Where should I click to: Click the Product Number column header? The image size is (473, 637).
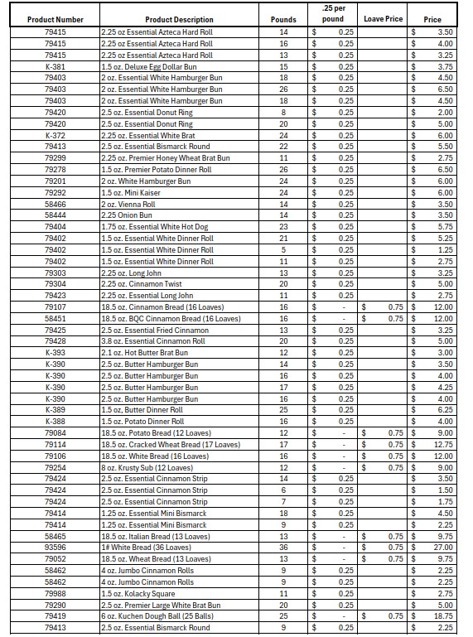(55, 20)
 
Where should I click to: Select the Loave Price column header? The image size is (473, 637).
(384, 19)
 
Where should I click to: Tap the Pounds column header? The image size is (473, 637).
(283, 20)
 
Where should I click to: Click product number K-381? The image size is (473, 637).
(55, 66)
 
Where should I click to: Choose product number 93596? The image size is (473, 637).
(55, 548)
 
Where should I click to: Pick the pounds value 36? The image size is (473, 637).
(283, 548)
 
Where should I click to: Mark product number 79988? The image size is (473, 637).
(55, 593)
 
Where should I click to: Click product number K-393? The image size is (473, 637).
(55, 353)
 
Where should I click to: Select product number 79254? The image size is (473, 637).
(55, 467)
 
